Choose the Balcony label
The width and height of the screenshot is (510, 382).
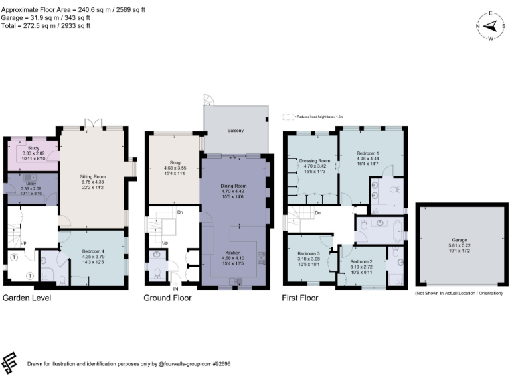(236, 131)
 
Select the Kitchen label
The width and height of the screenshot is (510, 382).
(234, 253)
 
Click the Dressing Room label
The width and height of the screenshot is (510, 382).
(315, 161)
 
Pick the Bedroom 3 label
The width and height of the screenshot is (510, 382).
(309, 255)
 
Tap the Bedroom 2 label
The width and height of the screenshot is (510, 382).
(361, 262)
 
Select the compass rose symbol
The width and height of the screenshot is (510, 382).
(491, 26)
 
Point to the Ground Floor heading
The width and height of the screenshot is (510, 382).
(167, 298)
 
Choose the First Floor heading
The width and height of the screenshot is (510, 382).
(301, 298)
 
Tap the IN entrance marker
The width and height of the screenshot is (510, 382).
(175, 290)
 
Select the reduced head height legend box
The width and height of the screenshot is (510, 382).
(288, 116)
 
